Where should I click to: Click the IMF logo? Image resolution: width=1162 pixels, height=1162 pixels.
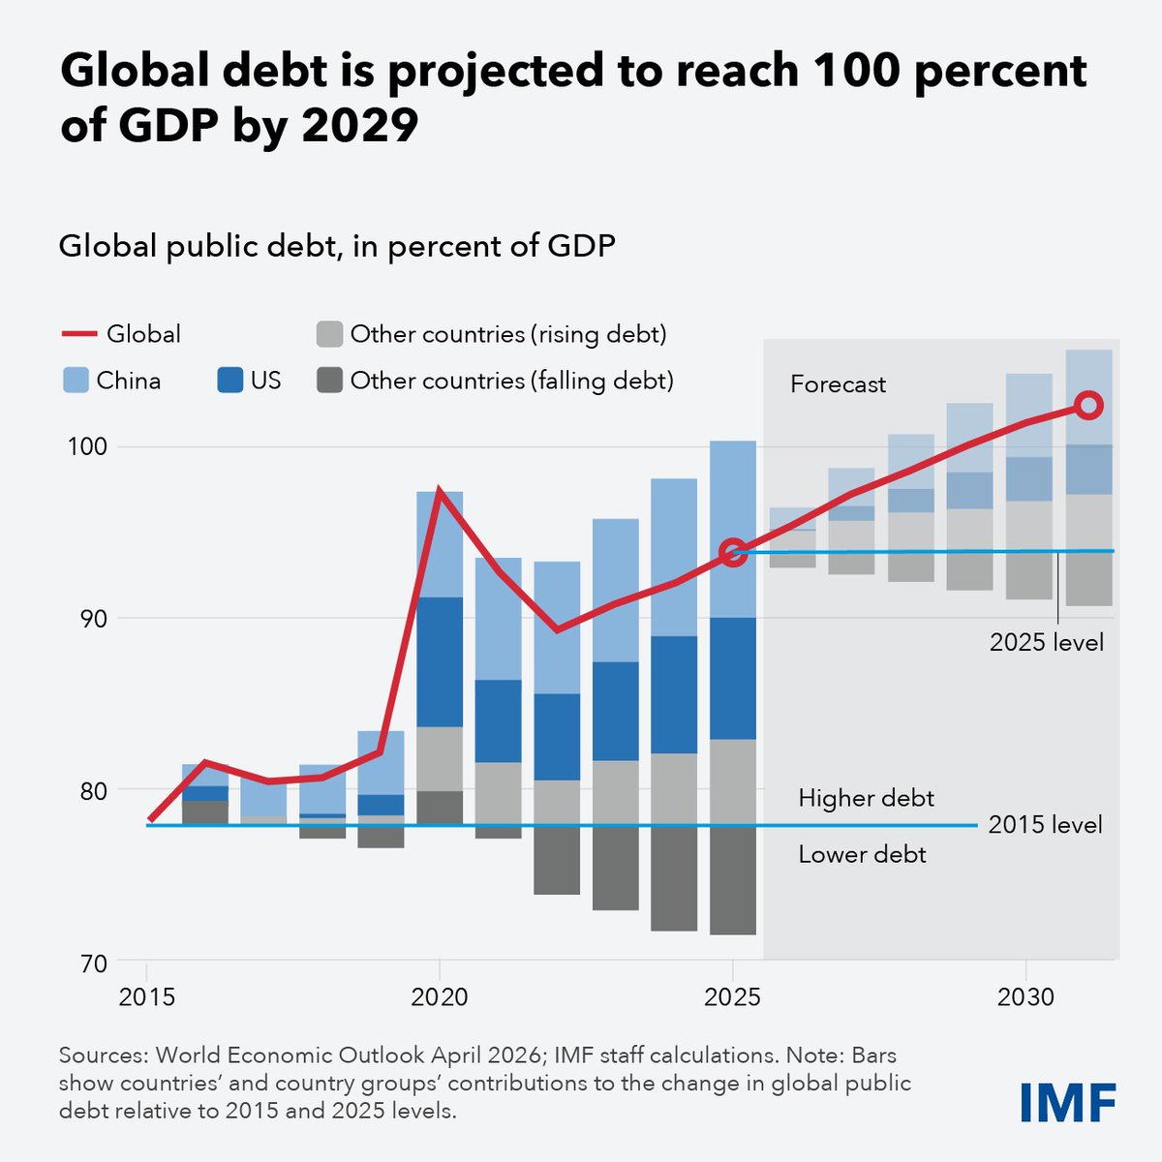click(x=1068, y=1101)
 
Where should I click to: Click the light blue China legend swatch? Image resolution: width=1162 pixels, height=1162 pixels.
click(x=76, y=381)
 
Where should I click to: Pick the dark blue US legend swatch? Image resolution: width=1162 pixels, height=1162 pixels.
click(x=229, y=381)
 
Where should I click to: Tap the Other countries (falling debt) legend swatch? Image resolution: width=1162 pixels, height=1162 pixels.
click(x=330, y=381)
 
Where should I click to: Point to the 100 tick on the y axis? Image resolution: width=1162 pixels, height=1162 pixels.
click(x=85, y=447)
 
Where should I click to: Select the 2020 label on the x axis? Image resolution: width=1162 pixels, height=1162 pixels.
click(x=440, y=997)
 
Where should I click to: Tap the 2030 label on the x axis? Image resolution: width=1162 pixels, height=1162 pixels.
click(x=1025, y=997)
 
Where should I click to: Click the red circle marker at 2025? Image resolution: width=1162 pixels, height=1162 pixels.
click(x=733, y=553)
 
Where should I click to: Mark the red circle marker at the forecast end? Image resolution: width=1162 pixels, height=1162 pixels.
click(x=1088, y=405)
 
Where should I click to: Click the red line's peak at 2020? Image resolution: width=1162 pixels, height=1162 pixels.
click(x=440, y=491)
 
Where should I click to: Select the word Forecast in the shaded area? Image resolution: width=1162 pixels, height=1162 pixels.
click(x=838, y=384)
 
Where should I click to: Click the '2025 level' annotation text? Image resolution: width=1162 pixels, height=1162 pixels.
click(x=1046, y=642)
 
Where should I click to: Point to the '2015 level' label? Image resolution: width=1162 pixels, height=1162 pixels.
click(x=1045, y=825)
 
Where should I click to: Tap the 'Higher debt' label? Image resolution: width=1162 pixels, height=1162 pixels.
click(x=866, y=798)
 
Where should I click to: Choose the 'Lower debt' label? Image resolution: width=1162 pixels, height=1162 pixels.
click(x=862, y=854)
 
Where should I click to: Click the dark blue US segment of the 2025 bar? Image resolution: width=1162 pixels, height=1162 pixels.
click(x=733, y=678)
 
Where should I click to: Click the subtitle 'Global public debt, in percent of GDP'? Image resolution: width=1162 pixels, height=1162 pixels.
click(x=337, y=246)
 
